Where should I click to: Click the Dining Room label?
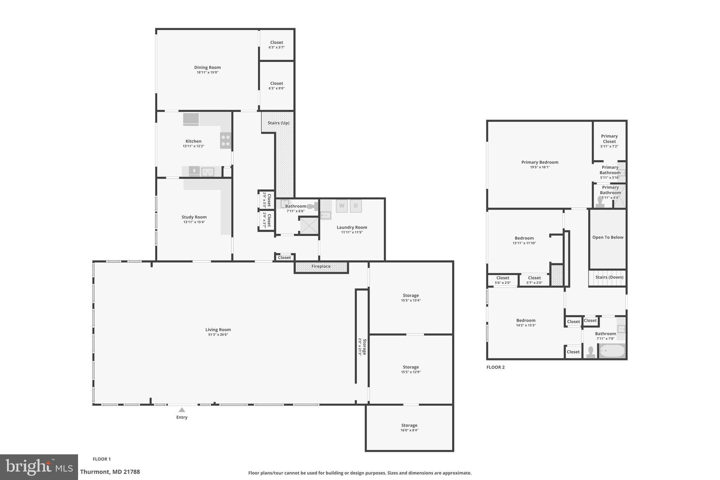pyautogui.click(x=207, y=68)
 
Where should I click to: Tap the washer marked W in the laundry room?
pyautogui.click(x=341, y=206)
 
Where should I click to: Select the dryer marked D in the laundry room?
pyautogui.click(x=355, y=206)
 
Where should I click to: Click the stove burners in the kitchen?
pyautogui.click(x=226, y=140)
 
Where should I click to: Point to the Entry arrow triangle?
pyautogui.click(x=182, y=410)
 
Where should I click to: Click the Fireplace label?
pyautogui.click(x=321, y=267)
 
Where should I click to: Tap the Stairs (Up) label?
pyautogui.click(x=278, y=123)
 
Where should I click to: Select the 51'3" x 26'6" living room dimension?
pyautogui.click(x=218, y=335)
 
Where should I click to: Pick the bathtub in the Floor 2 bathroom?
pyautogui.click(x=612, y=351)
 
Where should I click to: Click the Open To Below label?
pyautogui.click(x=607, y=237)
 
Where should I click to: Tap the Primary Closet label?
pyautogui.click(x=609, y=139)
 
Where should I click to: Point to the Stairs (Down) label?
pyautogui.click(x=609, y=277)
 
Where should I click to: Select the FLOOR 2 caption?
pyautogui.click(x=495, y=367)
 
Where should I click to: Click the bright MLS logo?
pyautogui.click(x=39, y=467)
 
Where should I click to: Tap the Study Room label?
pyautogui.click(x=194, y=217)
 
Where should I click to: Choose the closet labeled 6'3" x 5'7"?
pyautogui.click(x=277, y=45)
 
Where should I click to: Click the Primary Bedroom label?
pyautogui.click(x=540, y=162)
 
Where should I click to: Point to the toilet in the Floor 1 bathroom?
pyautogui.click(x=311, y=206)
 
